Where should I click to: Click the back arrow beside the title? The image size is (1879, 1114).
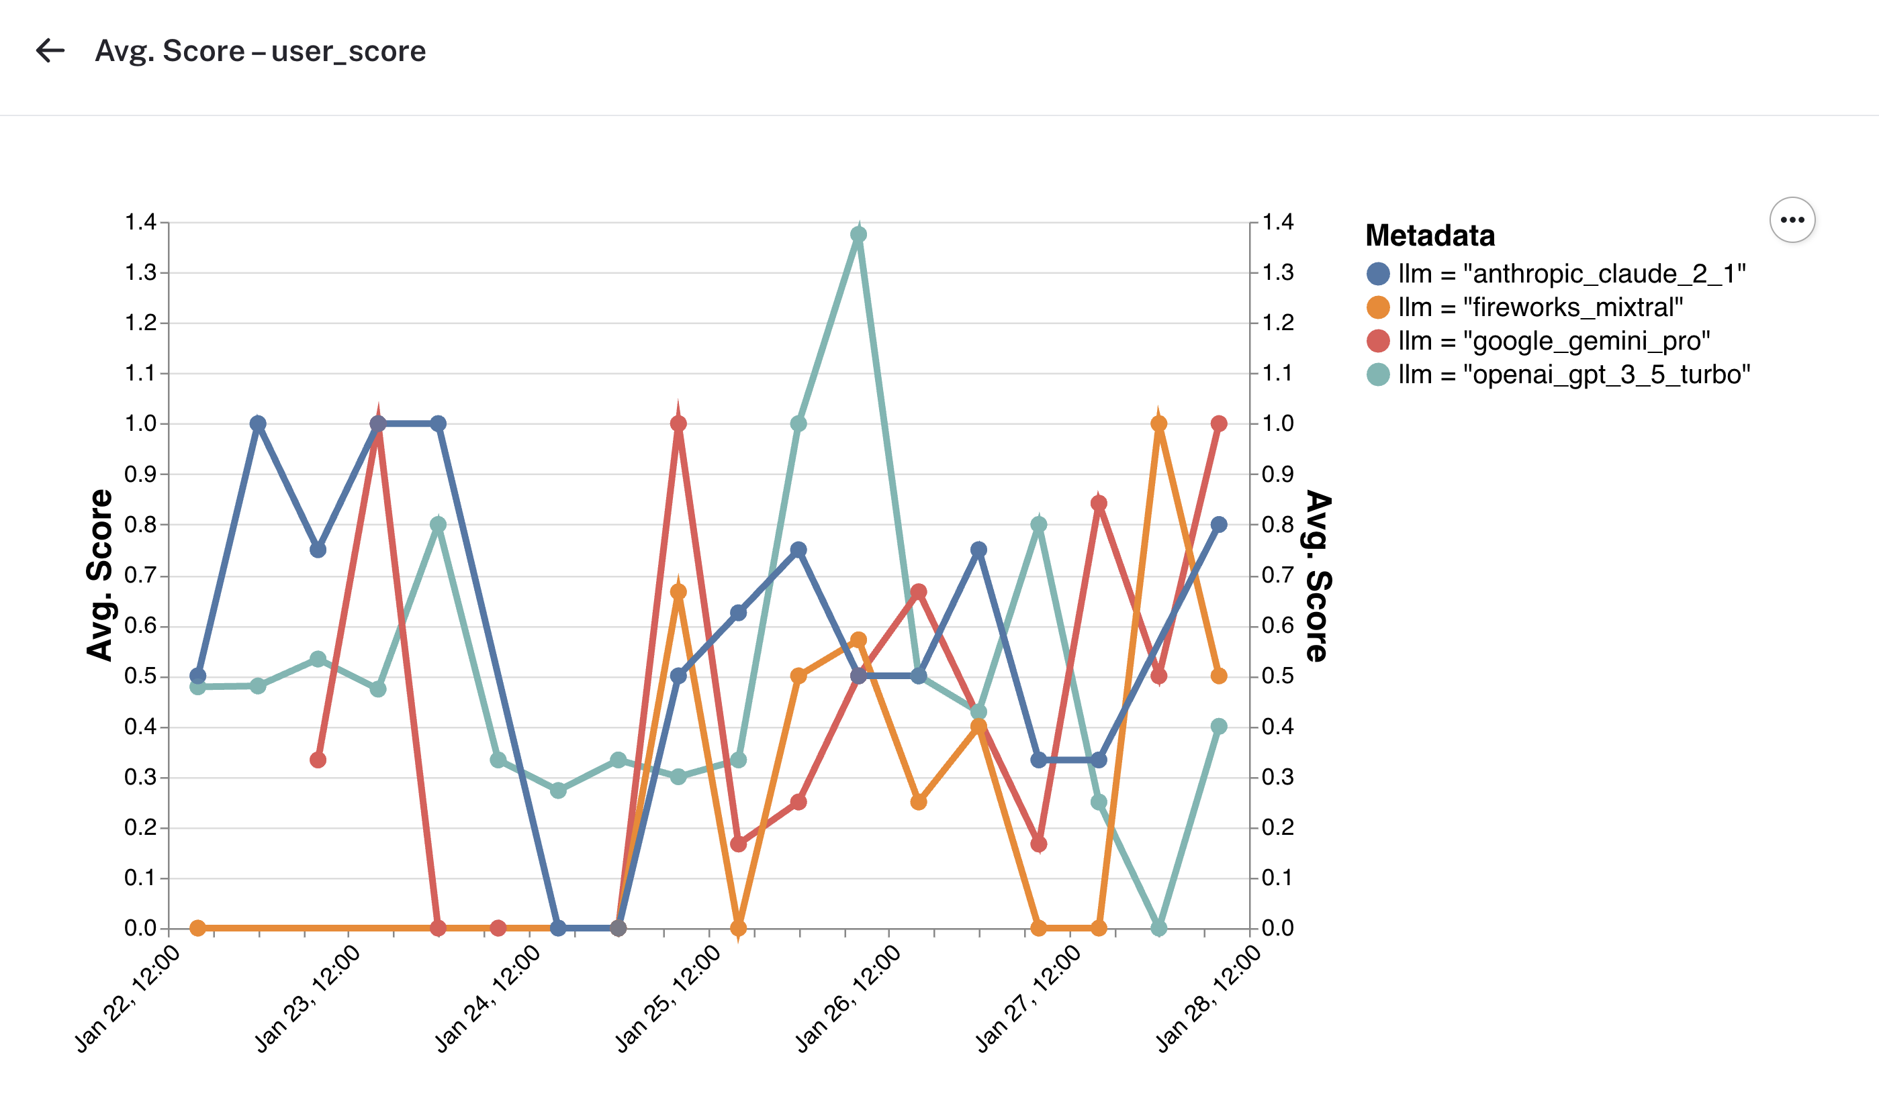[x=50, y=51]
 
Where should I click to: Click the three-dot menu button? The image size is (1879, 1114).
[x=1792, y=220]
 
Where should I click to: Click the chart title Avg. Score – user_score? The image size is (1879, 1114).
[x=260, y=51]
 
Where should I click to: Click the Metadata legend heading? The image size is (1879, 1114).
[x=1429, y=236]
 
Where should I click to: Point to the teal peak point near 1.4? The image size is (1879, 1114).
[x=858, y=235]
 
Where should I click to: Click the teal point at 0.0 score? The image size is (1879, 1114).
[x=1158, y=929]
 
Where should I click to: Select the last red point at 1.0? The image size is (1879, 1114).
[x=1218, y=424]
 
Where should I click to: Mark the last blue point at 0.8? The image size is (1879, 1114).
[x=1218, y=525]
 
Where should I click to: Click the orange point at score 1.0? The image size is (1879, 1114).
[x=1158, y=424]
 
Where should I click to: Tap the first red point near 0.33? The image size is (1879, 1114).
[x=318, y=760]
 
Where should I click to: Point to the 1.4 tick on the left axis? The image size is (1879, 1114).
[x=140, y=222]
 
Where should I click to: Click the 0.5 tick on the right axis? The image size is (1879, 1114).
[x=1277, y=676]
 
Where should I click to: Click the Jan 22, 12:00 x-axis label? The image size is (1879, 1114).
[x=127, y=999]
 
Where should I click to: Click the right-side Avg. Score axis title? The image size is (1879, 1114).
[x=1318, y=575]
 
